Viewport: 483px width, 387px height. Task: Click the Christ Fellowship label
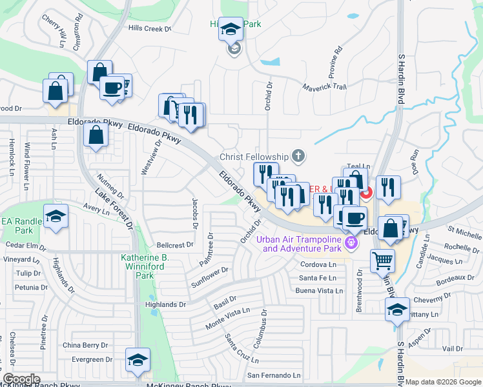coord(253,157)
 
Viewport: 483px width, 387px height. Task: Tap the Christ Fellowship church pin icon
coord(298,155)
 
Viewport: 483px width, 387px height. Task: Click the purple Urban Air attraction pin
coord(351,243)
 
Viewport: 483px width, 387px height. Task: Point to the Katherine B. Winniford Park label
coord(145,266)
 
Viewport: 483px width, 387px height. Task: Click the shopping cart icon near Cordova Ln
coord(382,261)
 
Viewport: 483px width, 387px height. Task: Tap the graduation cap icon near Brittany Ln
coord(396,310)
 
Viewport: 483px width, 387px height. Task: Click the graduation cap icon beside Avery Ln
coord(56,216)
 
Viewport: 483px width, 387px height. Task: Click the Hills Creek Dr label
coord(149,28)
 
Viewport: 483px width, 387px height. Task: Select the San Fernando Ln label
coord(274,375)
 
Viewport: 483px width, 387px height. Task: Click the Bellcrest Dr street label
coord(175,245)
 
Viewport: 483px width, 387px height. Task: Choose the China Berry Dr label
coord(85,345)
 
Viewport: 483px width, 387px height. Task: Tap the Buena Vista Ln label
coord(319,291)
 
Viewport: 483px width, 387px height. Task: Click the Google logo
coord(21,379)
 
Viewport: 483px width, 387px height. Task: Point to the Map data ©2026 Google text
coord(443,382)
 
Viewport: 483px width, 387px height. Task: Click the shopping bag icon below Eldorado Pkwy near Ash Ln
coord(96,135)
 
